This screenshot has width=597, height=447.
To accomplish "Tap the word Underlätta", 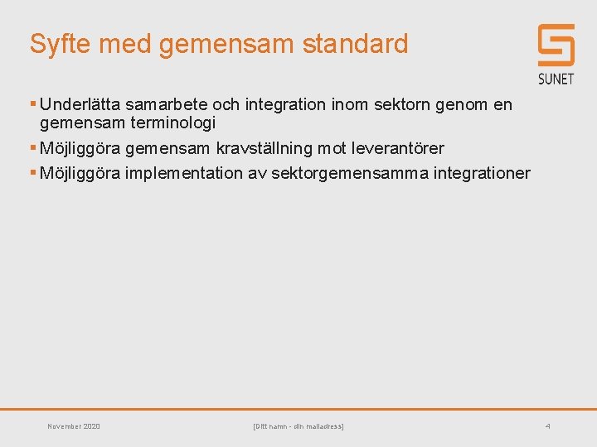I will (80, 105).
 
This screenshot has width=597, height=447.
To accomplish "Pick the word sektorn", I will (405, 105).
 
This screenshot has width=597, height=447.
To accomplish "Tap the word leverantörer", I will (396, 148).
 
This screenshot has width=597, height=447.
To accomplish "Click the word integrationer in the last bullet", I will (482, 173).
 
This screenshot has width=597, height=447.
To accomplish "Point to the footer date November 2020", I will (74, 426).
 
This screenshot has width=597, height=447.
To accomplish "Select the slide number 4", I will (547, 426).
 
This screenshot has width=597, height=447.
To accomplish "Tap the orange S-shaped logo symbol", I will (556, 45).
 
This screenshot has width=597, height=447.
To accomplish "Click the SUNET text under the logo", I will (556, 79).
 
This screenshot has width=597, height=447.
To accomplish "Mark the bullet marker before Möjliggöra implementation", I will (33, 173).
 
